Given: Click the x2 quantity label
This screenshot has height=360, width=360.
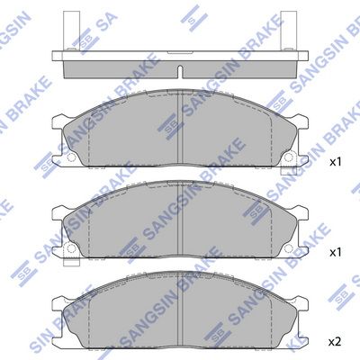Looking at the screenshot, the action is point(335,341).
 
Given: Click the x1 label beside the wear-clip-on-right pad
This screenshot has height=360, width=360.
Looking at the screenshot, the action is point(335,162).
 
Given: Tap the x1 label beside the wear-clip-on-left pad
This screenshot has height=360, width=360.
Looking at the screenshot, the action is point(335,252).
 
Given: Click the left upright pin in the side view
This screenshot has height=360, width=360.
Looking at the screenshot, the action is point(71,31).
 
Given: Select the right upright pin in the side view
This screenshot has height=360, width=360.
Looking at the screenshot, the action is point(288,31).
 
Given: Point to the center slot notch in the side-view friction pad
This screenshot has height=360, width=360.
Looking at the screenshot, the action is point(180,72).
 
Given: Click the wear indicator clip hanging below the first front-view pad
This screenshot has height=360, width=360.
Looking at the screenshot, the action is point(289,171).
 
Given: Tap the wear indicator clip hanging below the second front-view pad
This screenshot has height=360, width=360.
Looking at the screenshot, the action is point(72,261).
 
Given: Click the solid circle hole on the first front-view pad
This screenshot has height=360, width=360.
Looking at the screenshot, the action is point(289,157).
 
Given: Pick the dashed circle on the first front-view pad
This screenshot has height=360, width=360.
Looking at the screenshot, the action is point(71,157).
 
